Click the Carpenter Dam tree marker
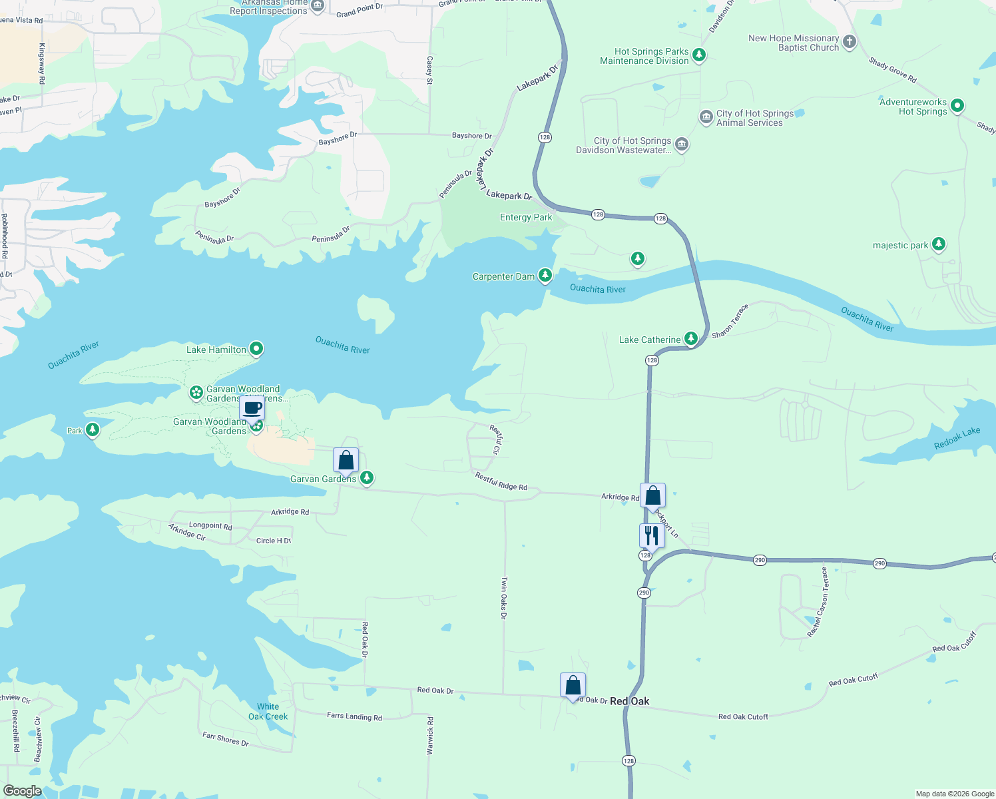545,274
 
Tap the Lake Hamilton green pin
256,348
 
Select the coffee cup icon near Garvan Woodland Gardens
252,407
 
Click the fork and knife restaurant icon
652,535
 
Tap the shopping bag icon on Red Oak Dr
573,685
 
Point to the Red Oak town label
629,701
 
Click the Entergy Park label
526,217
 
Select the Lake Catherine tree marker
691,338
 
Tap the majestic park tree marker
939,244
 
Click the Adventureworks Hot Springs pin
957,105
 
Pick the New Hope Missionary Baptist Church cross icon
849,42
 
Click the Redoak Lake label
957,439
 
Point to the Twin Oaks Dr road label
504,597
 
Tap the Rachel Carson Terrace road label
818,602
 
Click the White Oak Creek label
268,712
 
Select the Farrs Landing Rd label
354,716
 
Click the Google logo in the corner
23,791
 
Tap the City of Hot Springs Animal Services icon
706,117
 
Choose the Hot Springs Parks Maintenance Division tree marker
698,55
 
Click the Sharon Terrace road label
730,321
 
